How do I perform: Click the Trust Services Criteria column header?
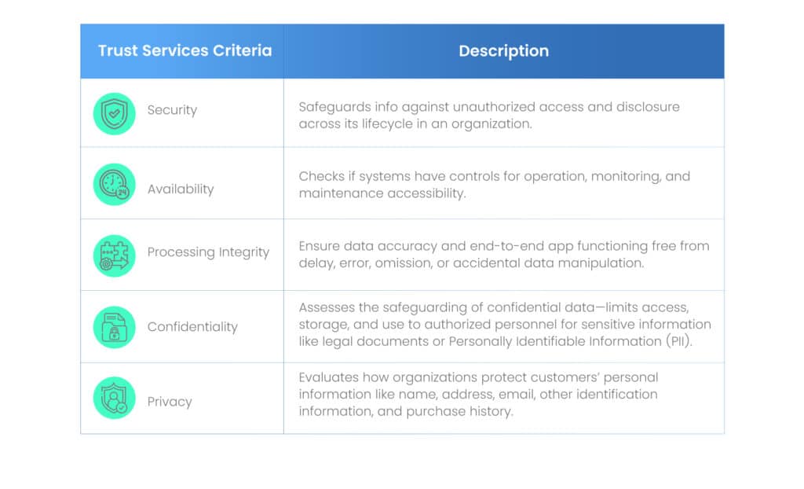(x=185, y=50)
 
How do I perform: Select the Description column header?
(x=503, y=51)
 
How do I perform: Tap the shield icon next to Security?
(x=115, y=113)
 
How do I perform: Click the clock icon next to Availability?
(x=115, y=185)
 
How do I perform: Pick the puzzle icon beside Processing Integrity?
(x=115, y=256)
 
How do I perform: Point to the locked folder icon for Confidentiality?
(x=115, y=327)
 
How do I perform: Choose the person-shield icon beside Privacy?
(x=115, y=398)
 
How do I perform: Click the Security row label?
(x=172, y=110)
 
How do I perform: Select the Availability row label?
(x=181, y=189)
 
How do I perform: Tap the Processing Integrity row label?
(x=208, y=252)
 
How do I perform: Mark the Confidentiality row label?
(x=192, y=327)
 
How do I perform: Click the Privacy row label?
(x=170, y=402)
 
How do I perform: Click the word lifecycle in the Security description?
(x=379, y=124)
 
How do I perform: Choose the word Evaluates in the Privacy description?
(x=329, y=377)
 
